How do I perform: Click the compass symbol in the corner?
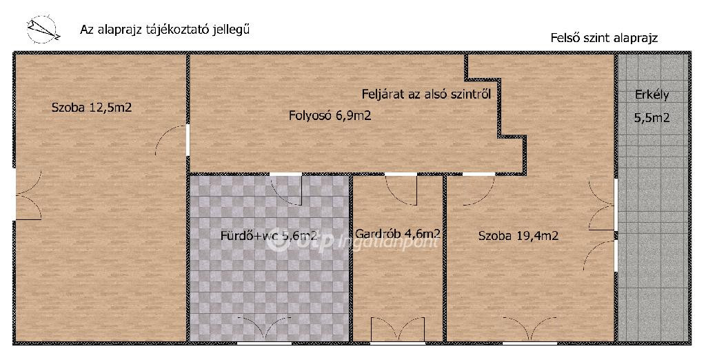click(x=43, y=30)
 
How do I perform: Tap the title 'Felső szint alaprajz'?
click(x=604, y=38)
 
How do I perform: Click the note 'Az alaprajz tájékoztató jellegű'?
click(x=165, y=30)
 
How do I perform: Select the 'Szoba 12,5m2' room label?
click(x=92, y=108)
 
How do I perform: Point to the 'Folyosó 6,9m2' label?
click(x=330, y=116)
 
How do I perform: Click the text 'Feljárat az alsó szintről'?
click(x=426, y=94)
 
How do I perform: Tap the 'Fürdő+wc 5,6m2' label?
click(x=269, y=235)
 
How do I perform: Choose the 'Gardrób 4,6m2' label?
click(x=398, y=234)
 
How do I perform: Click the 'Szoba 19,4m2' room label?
click(x=518, y=236)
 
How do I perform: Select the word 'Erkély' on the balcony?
click(x=652, y=96)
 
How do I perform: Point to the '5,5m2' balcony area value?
click(x=652, y=118)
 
